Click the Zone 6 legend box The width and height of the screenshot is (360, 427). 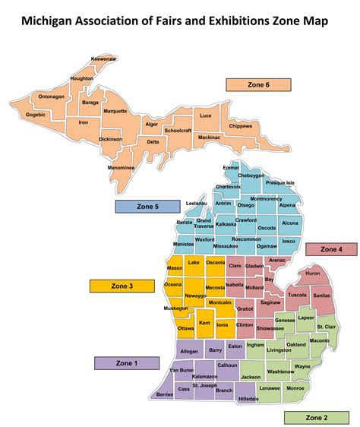(x=257, y=84)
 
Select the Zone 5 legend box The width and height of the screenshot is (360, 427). (x=147, y=206)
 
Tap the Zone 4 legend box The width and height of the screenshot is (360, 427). (x=331, y=249)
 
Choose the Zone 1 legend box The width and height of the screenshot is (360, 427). (x=125, y=363)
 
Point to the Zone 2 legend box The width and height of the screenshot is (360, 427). (x=316, y=417)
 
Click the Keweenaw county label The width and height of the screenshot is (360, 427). (x=103, y=59)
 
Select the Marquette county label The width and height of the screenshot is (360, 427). (x=115, y=111)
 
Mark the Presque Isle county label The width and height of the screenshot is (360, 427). (x=279, y=183)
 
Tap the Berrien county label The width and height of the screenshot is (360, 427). (x=164, y=395)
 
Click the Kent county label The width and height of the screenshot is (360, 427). (x=204, y=324)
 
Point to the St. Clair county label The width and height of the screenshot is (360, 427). (x=326, y=327)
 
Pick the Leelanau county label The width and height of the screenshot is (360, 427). (x=196, y=204)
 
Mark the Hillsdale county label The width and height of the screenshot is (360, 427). (x=248, y=399)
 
